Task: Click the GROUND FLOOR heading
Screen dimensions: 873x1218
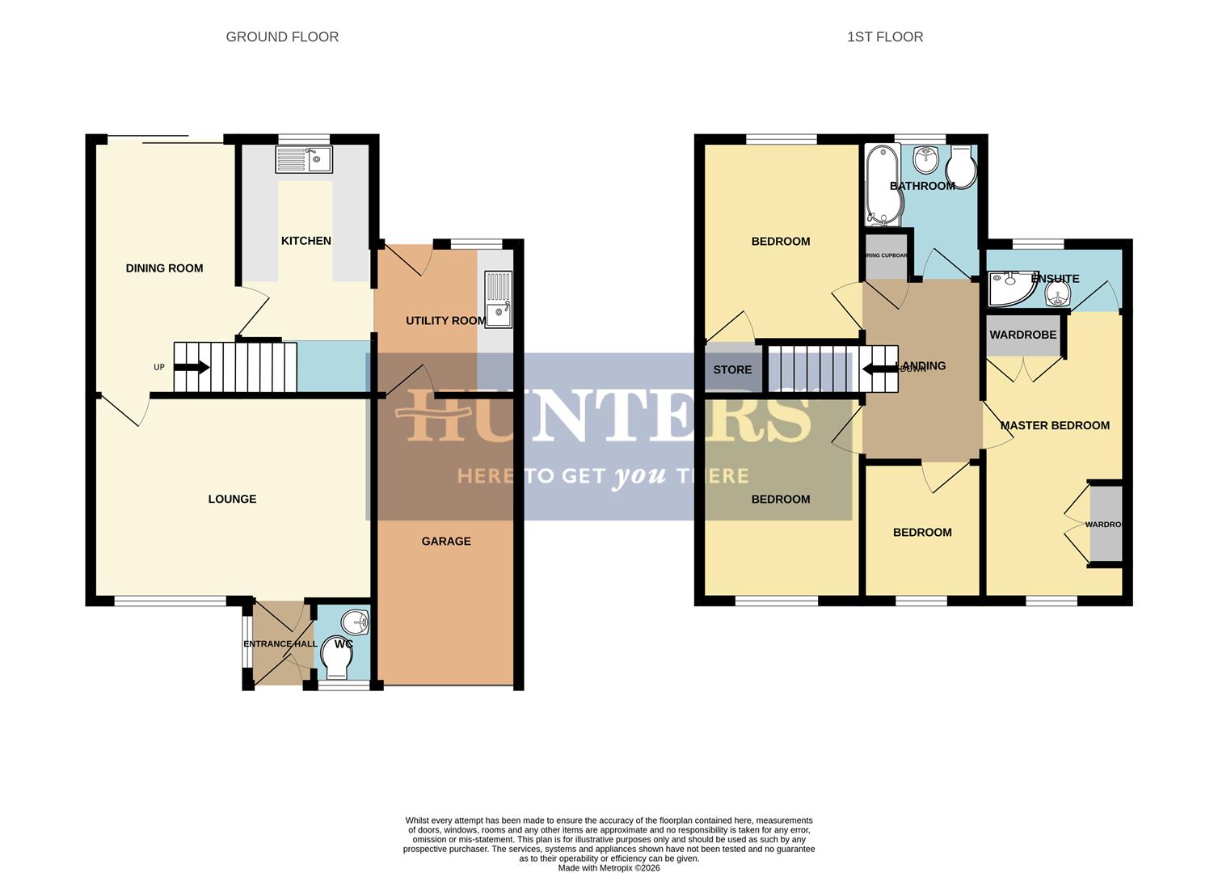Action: [282, 36]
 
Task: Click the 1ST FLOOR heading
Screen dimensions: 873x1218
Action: [885, 36]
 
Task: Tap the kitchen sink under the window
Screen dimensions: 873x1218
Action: [304, 159]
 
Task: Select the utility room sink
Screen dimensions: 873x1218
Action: [498, 299]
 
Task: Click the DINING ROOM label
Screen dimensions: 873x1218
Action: [164, 268]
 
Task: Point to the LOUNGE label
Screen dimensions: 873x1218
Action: [232, 499]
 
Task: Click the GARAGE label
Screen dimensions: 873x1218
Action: [446, 542]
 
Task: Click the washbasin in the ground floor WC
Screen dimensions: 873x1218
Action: [355, 622]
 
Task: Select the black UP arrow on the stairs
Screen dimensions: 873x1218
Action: [192, 368]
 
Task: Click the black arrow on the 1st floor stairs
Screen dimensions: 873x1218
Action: [875, 369]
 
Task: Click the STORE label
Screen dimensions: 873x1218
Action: [732, 369]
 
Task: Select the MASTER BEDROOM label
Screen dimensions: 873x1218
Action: [1055, 425]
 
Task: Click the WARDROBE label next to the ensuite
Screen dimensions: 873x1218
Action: [1022, 335]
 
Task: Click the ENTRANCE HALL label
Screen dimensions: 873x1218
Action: [280, 644]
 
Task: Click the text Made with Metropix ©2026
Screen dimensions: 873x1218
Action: [609, 868]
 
